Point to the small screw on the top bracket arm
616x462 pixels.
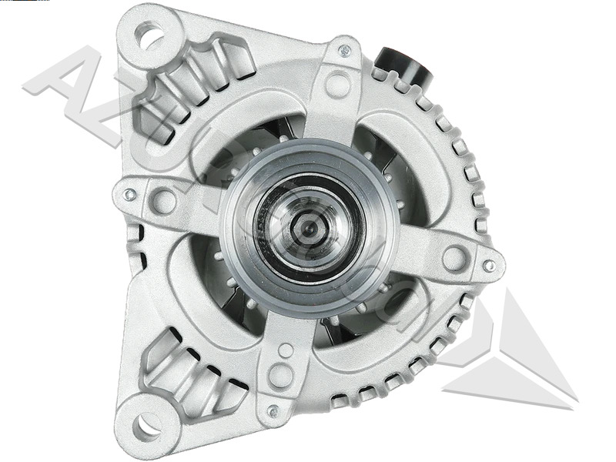pos(345,51)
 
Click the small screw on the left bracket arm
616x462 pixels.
pos(130,194)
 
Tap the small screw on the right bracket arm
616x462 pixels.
pos(488,266)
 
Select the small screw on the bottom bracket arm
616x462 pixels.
pos(271,410)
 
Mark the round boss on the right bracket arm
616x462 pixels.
pos(454,257)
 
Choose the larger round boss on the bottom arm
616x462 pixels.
pos(281,375)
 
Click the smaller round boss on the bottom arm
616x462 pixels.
pos(286,350)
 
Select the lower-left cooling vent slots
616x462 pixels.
pos(181,370)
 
